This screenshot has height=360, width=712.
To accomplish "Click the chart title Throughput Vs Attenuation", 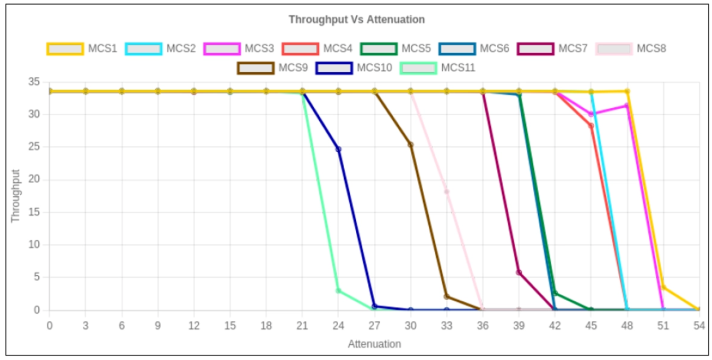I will pyautogui.click(x=357, y=20).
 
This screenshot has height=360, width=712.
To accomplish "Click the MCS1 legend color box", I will pyautogui.click(x=65, y=49).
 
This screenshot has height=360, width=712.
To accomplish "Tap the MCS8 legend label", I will pyautogui.click(x=651, y=49).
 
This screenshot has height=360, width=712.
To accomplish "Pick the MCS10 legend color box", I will pyautogui.click(x=334, y=68).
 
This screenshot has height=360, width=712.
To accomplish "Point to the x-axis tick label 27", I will pyautogui.click(x=374, y=325).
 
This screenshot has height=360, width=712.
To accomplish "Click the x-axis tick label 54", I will pyautogui.click(x=699, y=325).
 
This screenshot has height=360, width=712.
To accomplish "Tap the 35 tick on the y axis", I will pyautogui.click(x=34, y=82).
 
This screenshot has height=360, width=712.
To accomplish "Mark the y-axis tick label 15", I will pyautogui.click(x=34, y=213).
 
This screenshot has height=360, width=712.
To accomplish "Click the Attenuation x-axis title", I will pyautogui.click(x=374, y=344).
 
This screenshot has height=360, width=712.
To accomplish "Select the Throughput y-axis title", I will pyautogui.click(x=16, y=196).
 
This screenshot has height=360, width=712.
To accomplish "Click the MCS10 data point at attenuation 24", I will pyautogui.click(x=339, y=149).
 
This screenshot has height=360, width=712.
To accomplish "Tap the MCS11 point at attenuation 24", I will pyautogui.click(x=339, y=291).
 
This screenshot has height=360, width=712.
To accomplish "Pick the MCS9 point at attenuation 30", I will pyautogui.click(x=411, y=144).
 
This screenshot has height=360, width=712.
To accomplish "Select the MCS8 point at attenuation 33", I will pyautogui.click(x=447, y=192).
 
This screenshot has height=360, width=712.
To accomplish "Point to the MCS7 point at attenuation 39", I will pyautogui.click(x=519, y=273).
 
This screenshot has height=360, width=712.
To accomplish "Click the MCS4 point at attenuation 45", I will pyautogui.click(x=591, y=126).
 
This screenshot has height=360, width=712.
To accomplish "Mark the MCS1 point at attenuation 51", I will pyautogui.click(x=663, y=288).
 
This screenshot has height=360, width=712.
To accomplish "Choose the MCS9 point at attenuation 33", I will pyautogui.click(x=447, y=297).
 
